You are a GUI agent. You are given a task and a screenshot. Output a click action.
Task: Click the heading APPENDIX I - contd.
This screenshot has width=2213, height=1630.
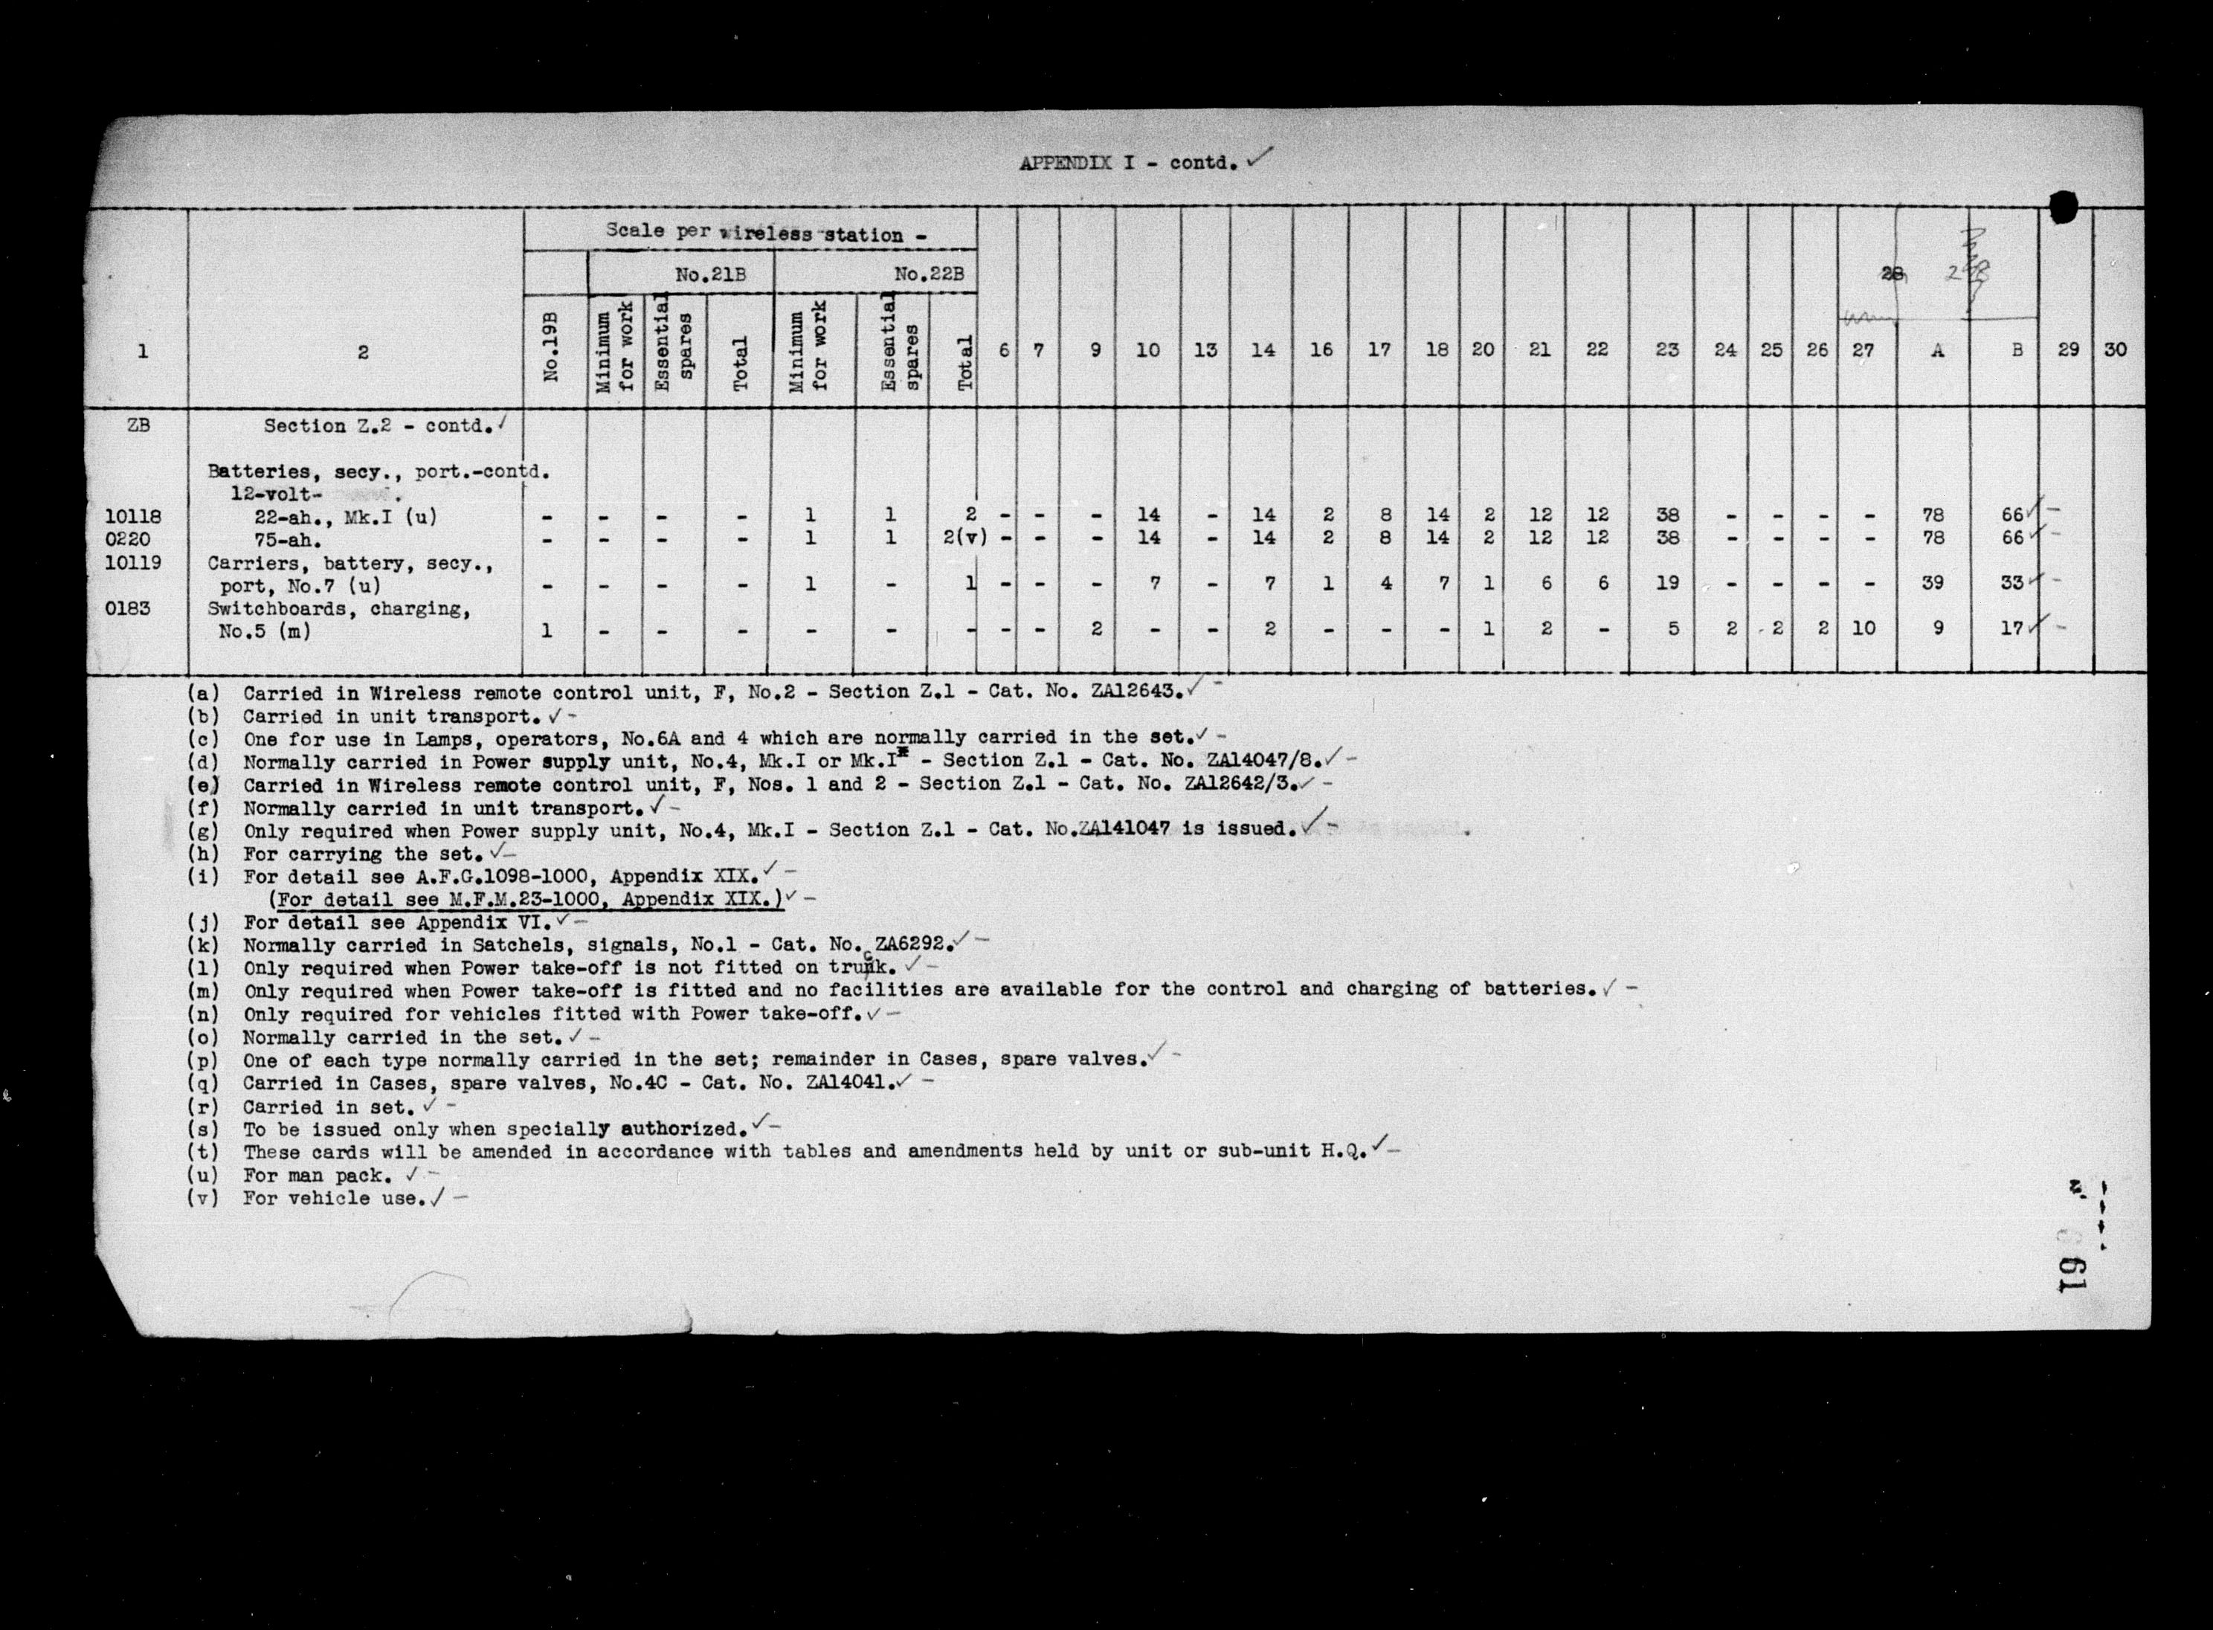pos(1129,163)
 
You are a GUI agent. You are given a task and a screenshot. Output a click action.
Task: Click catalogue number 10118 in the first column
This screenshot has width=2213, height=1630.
pos(134,516)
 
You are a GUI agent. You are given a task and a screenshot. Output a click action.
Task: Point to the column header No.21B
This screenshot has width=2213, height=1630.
pos(709,275)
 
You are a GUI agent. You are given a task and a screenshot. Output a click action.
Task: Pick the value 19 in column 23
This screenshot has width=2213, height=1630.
pos(1666,583)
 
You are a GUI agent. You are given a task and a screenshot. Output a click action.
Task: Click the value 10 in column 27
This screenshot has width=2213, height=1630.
pos(1864,628)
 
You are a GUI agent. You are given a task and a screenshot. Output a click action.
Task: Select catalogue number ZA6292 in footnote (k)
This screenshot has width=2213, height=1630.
pos(912,944)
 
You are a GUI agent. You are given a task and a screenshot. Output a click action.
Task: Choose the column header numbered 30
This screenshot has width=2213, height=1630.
pos(2116,349)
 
